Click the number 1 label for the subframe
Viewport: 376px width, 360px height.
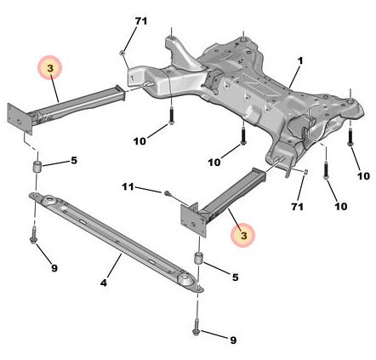(300, 60)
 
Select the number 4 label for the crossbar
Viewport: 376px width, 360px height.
(104, 283)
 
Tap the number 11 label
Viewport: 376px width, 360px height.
(128, 187)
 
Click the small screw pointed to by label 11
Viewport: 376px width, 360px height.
(167, 193)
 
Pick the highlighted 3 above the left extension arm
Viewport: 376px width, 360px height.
(50, 67)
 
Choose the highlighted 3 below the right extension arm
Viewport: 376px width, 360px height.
(243, 235)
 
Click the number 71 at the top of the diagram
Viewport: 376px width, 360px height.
(140, 21)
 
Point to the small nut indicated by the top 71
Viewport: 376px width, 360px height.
(122, 53)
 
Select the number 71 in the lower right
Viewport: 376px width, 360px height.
(297, 207)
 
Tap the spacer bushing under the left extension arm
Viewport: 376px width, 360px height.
(37, 166)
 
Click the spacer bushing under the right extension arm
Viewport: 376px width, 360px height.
(197, 258)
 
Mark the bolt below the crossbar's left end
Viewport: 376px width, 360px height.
(33, 235)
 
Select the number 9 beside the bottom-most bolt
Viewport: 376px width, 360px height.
(233, 340)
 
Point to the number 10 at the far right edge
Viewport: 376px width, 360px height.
(363, 176)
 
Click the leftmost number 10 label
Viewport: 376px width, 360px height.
(140, 141)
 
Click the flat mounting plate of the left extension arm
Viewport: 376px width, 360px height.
(20, 119)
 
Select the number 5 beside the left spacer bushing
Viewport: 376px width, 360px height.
(74, 161)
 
